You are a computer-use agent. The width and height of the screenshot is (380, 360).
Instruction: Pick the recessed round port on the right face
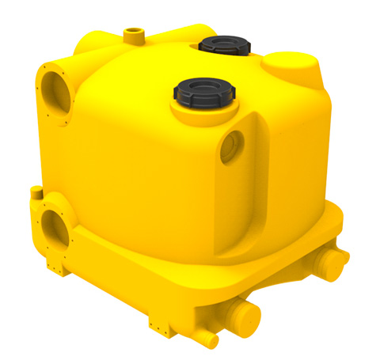pos(233,145)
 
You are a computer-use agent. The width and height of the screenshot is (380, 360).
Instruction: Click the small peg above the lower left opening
pos(36,191)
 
